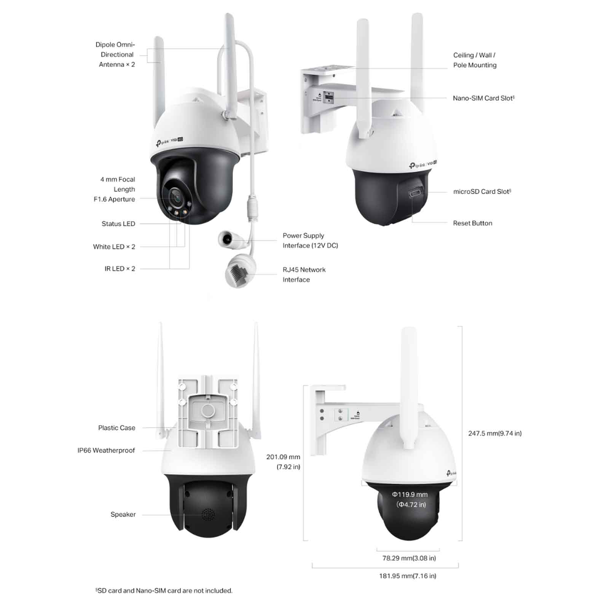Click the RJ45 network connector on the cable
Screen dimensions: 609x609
coord(239,271)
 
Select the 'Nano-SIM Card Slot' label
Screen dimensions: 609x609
coord(483,98)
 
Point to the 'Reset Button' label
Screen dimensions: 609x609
coord(472,223)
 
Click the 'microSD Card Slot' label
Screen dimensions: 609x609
coord(482,191)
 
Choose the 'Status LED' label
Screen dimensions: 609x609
coord(118,224)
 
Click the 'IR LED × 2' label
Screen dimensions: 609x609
coord(120,269)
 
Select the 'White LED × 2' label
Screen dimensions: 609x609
coord(114,247)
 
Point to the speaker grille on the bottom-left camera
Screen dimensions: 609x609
coord(208,515)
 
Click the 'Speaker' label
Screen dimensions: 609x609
coord(123,515)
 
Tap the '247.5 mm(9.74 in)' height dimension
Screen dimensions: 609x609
coord(495,433)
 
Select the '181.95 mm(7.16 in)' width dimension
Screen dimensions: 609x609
coord(408,576)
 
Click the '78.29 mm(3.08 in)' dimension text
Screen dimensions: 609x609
coord(409,558)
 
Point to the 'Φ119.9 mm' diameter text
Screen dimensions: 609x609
coord(410,494)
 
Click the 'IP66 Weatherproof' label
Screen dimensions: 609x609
coord(106,450)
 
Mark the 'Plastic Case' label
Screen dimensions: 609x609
coord(117,428)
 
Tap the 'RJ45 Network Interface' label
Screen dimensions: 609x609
coord(304,274)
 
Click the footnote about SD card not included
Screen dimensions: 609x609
coord(164,591)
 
